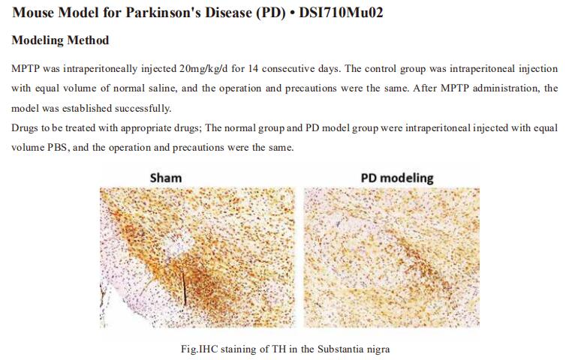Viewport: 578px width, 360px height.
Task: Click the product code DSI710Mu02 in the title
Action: (x=341, y=13)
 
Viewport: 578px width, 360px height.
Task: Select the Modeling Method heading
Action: (x=61, y=40)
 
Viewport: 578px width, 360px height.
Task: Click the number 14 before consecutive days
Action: (x=253, y=69)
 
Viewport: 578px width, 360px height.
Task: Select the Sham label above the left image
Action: (x=166, y=178)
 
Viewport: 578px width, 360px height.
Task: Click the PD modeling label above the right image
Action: (x=397, y=178)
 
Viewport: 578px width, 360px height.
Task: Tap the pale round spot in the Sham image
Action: (x=179, y=244)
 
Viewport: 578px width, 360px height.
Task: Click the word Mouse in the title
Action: (x=33, y=13)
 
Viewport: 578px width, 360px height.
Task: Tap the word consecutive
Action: (x=289, y=69)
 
